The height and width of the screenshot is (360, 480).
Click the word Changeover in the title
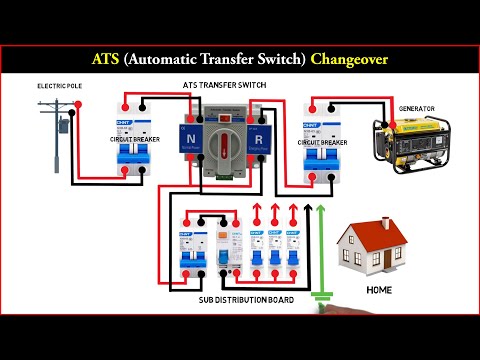point(345,59)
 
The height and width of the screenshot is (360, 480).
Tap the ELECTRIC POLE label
point(60,87)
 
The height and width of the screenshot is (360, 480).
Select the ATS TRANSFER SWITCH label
point(225,87)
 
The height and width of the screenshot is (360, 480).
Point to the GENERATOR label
point(417,108)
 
